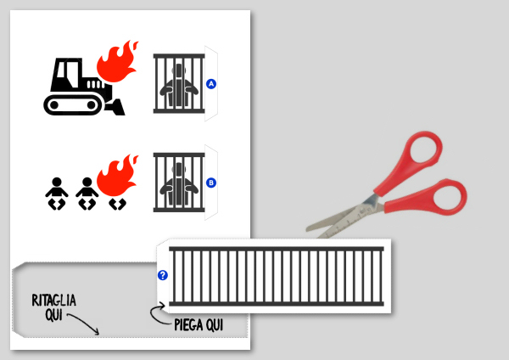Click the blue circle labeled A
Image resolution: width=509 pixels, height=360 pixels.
pyautogui.click(x=211, y=84)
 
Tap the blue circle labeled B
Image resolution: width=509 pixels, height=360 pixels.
pyautogui.click(x=211, y=183)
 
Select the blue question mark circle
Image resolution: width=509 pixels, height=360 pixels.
pyautogui.click(x=163, y=275)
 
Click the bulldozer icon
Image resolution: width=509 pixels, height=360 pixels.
pyautogui.click(x=84, y=87)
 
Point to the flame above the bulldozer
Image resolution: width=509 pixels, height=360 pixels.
pyautogui.click(x=118, y=62)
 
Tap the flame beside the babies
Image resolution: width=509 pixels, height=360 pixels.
pyautogui.click(x=118, y=176)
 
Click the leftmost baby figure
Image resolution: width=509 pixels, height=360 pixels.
pyautogui.click(x=57, y=194)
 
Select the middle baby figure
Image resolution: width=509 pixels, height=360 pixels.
pyautogui.click(x=87, y=194)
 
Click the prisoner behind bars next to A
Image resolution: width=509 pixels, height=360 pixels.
pyautogui.click(x=179, y=84)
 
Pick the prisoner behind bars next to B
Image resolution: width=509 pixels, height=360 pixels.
pyautogui.click(x=179, y=183)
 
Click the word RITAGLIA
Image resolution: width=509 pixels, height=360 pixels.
pyautogui.click(x=54, y=301)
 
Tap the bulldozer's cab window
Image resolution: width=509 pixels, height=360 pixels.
pyautogui.click(x=66, y=73)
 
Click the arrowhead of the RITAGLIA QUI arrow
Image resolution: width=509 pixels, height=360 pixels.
pyautogui.click(x=97, y=332)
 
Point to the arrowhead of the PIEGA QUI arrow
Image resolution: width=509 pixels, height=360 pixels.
pyautogui.click(x=162, y=305)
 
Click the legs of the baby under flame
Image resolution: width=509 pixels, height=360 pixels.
pyautogui.click(x=117, y=205)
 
